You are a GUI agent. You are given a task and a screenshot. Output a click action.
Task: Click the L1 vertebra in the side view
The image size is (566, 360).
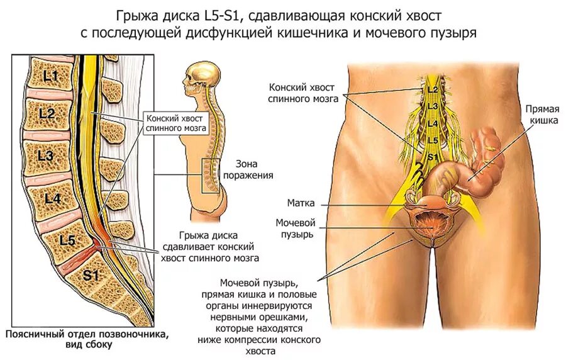[x=50, y=77]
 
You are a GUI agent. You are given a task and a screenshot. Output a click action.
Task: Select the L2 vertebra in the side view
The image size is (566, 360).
[x=47, y=114]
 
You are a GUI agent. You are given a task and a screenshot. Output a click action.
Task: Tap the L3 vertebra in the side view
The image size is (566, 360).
[x=45, y=154]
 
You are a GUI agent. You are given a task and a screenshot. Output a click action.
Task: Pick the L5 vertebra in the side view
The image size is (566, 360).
[x=67, y=240]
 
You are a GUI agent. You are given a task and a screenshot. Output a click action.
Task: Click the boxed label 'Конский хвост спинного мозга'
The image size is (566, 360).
[x=176, y=123]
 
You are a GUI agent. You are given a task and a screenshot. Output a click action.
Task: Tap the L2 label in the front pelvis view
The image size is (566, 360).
[x=432, y=90]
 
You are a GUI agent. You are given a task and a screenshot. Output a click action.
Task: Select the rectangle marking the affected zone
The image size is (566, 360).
[x=211, y=175]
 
